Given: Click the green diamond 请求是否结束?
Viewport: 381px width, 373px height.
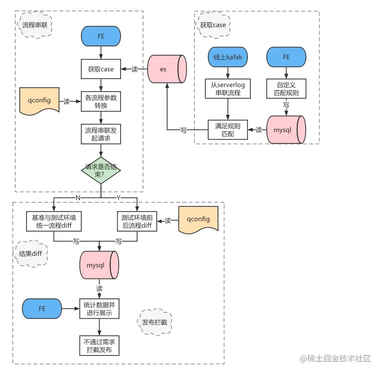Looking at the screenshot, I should [x=101, y=170].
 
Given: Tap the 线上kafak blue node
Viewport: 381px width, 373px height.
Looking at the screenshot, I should [x=228, y=57].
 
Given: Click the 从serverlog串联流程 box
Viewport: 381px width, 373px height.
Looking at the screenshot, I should [x=228, y=89].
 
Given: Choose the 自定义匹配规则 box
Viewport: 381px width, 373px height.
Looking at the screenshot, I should [x=286, y=89].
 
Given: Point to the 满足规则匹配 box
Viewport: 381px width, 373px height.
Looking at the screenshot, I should [x=228, y=130].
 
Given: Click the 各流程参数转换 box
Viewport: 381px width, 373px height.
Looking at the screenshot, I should [x=101, y=101].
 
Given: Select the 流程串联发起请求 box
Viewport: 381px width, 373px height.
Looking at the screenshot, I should [x=101, y=134].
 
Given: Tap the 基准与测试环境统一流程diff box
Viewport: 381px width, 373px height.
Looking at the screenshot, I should [x=53, y=221].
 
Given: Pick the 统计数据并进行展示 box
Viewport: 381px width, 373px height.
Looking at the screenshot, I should [x=99, y=309].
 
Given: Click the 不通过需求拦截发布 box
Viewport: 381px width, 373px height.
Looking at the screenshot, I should [x=99, y=345].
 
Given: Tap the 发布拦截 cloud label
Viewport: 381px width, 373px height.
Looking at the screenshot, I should [x=154, y=322].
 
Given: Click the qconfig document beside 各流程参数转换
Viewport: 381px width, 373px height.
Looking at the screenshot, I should [x=39, y=101].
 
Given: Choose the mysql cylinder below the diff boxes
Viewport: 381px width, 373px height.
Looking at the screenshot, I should [x=99, y=265].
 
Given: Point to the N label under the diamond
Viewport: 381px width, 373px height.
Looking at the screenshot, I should [x=77, y=198].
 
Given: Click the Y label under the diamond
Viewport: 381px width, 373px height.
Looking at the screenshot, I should [x=119, y=198].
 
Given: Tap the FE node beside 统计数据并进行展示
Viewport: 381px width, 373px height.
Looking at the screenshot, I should [x=42, y=309].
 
